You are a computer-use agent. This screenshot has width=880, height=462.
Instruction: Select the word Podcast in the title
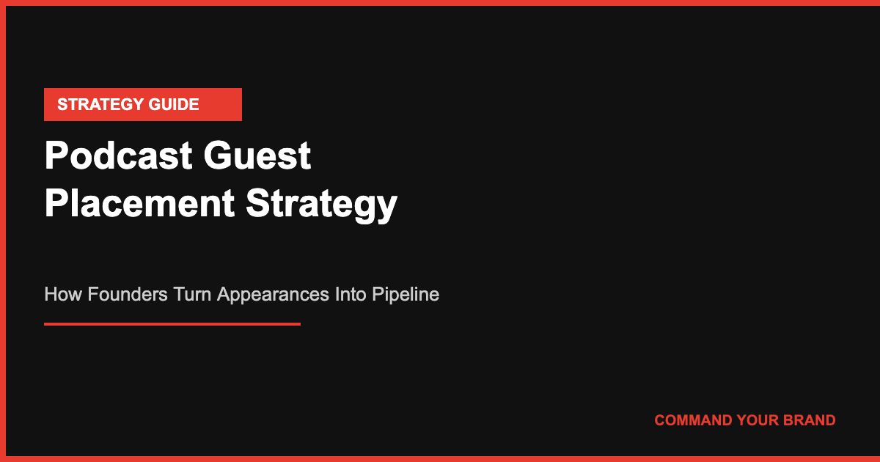coord(118,156)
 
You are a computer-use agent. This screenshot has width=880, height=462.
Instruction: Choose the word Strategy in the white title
coord(321,203)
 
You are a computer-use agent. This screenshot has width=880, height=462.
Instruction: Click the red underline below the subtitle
coord(172,323)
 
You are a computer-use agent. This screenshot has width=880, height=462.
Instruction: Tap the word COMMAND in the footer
coord(693,420)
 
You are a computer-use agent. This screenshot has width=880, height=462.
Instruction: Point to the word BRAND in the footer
coord(810,420)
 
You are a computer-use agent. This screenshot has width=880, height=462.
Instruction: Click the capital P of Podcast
coord(56,156)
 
